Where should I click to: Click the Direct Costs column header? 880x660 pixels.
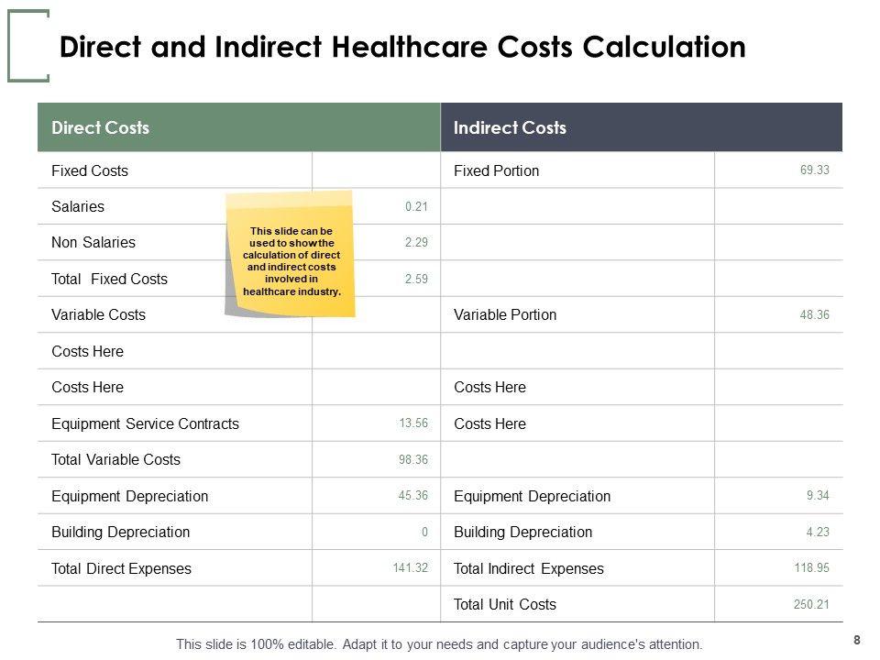point(101,127)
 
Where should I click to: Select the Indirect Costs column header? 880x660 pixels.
point(511,127)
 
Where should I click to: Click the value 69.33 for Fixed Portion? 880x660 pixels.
point(814,170)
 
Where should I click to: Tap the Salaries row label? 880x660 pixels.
point(78,206)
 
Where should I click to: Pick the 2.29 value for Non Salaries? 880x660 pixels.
point(416,243)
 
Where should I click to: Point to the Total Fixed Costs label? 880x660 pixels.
point(110,279)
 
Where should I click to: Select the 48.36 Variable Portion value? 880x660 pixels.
point(814,314)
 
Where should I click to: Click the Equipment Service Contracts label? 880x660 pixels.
point(145,423)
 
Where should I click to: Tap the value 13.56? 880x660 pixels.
point(413,423)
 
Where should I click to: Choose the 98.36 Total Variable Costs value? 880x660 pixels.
point(413,459)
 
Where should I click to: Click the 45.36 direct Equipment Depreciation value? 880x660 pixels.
point(413,496)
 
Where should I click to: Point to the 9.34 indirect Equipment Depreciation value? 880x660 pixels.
point(818,496)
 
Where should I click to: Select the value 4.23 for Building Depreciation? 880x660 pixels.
point(818,532)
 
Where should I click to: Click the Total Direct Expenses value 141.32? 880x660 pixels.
point(410,568)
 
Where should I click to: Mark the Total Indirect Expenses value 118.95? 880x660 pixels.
point(811,568)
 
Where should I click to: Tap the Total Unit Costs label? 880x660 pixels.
point(505,604)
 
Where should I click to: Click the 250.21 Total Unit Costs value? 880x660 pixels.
point(811,604)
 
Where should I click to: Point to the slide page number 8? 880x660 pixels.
point(857,640)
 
